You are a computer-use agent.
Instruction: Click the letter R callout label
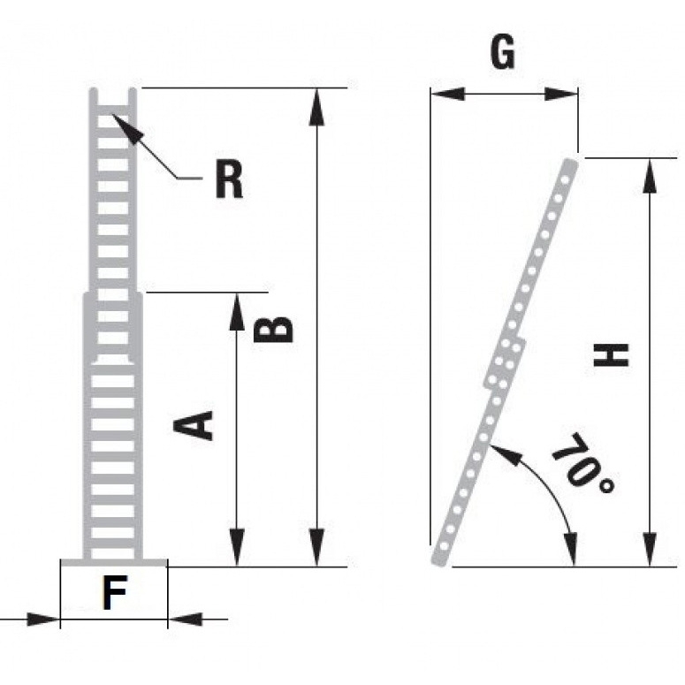tap(229, 179)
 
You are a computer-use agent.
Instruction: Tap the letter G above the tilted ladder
tap(503, 52)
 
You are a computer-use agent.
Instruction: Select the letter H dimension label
tap(611, 354)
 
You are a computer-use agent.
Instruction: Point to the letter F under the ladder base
tap(115, 592)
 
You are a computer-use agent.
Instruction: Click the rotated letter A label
tap(193, 424)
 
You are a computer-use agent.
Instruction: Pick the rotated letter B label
tap(273, 329)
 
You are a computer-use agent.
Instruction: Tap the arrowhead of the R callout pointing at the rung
tap(126, 126)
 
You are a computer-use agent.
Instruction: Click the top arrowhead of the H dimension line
tap(650, 176)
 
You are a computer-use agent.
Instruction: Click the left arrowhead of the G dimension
tap(447, 94)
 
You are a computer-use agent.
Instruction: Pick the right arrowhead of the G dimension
tap(561, 94)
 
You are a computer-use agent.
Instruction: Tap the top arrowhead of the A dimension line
tap(237, 311)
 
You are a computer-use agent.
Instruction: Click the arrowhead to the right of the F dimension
tap(186, 619)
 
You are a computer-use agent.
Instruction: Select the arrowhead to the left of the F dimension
tap(42, 619)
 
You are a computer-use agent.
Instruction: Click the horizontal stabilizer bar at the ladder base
tap(114, 562)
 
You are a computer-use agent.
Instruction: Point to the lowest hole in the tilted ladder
tap(444, 545)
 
